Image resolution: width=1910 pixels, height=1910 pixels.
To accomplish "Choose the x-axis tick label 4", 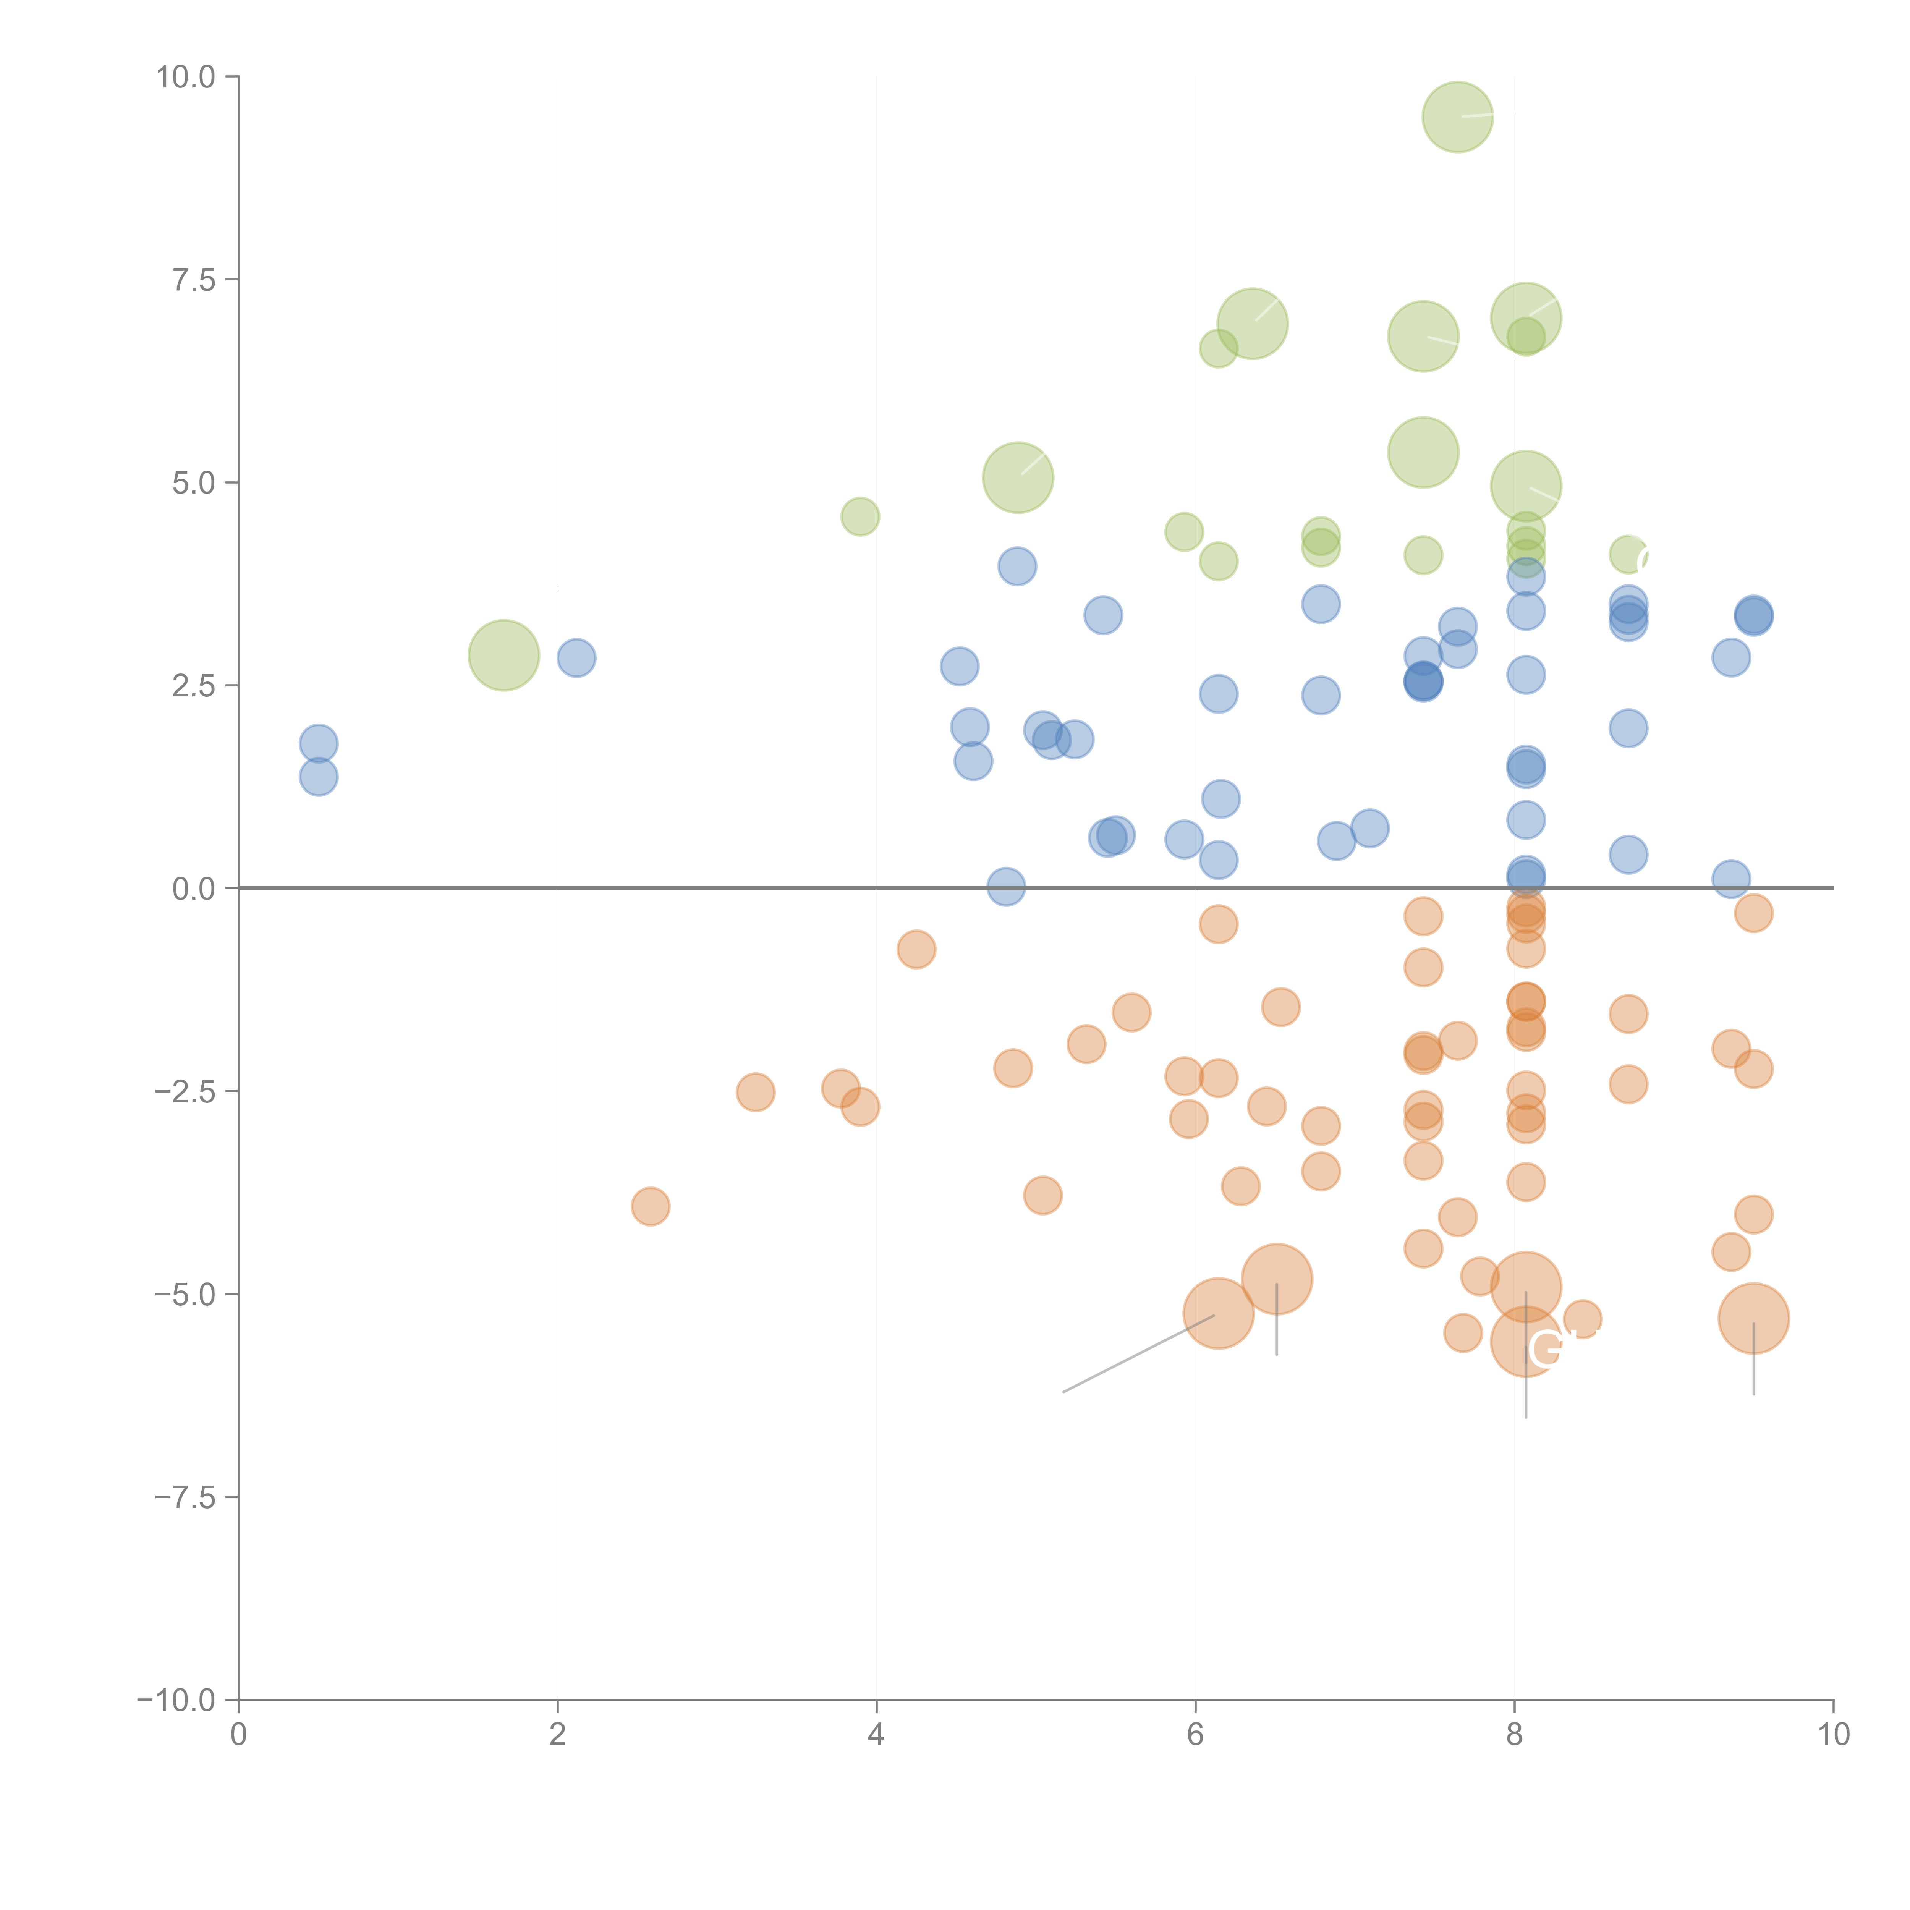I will click(x=876, y=1735).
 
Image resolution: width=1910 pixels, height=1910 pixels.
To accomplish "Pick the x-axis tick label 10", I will click(x=1833, y=1735).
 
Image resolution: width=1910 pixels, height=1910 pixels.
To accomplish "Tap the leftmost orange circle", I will click(x=649, y=1206).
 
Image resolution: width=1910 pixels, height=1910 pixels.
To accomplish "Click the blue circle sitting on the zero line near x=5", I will click(x=1005, y=887).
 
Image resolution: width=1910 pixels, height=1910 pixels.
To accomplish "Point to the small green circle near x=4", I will click(x=860, y=516).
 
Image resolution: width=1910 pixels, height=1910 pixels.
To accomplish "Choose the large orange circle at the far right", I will click(x=1753, y=1318).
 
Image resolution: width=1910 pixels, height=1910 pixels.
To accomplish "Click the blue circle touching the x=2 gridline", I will click(x=575, y=657).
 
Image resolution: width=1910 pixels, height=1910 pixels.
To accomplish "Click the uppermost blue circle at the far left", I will click(x=318, y=743).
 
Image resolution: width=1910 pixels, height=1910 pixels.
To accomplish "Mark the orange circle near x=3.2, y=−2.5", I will click(x=755, y=1093).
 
